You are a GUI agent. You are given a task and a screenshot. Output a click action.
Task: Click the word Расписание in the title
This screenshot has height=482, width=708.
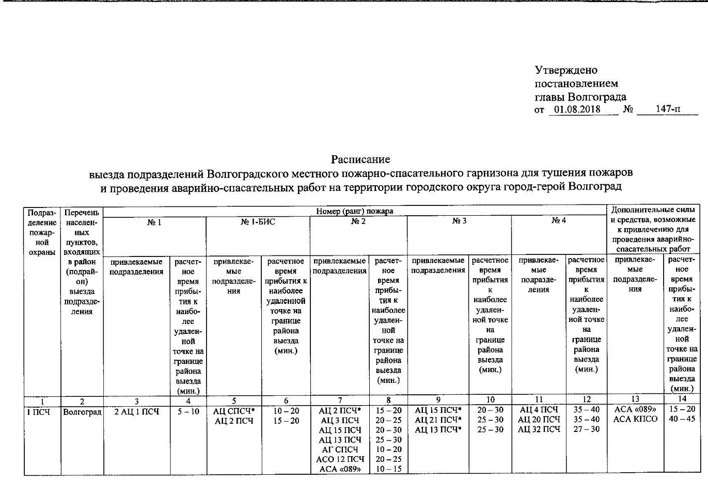point(360,159)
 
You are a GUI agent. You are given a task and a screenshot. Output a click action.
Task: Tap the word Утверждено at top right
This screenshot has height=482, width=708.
point(566,70)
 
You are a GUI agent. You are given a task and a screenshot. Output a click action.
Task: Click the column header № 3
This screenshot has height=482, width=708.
point(459,221)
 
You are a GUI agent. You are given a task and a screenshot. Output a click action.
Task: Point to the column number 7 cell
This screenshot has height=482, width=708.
point(339,400)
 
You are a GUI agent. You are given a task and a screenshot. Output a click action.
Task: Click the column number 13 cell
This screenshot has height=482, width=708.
point(635,399)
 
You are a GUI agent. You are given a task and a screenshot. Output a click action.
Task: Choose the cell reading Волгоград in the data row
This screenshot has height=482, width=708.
point(82,412)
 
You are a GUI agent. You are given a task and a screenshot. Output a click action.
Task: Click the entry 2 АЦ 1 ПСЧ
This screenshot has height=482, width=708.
point(136,412)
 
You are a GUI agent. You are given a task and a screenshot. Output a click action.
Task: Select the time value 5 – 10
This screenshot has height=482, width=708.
point(188,412)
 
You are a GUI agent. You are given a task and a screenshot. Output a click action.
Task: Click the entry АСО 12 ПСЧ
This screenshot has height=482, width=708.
point(340,459)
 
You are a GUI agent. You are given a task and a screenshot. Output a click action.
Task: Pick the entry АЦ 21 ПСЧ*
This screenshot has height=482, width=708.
point(437,420)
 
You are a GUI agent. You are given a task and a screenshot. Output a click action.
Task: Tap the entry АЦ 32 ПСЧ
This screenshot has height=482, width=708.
point(539,429)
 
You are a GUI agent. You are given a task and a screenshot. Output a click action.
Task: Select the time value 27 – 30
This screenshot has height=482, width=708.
point(586,429)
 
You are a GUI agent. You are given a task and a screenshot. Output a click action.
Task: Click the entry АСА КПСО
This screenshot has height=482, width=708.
point(635,419)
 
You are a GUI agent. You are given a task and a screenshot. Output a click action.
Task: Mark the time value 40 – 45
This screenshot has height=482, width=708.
point(682,419)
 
